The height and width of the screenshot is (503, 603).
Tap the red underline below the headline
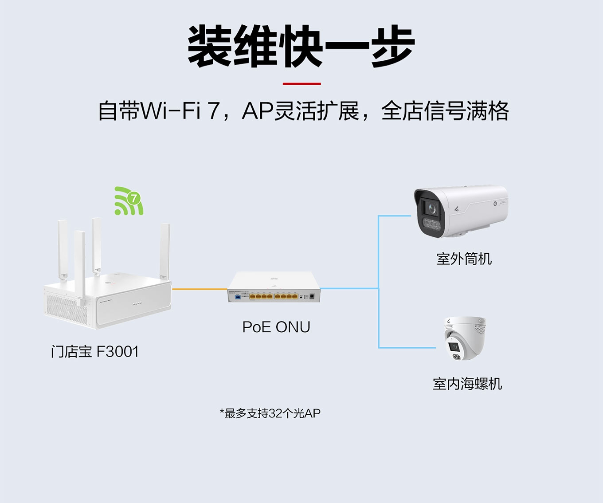coord(301,83)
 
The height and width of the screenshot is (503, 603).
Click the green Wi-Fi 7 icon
coord(129,201)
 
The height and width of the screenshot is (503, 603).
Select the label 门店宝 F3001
coord(95,352)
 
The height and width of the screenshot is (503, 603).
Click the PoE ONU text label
coord(276,327)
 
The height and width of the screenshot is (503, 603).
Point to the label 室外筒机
coord(464,259)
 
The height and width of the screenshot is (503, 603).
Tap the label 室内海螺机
coord(467,384)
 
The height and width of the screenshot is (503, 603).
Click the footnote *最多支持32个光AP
coord(270,413)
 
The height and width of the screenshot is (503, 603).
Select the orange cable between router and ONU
coord(200,289)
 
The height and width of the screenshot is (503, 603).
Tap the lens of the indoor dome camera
coord(454,346)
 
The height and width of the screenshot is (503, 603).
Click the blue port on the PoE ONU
coord(237,296)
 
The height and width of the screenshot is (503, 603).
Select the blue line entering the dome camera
coord(408,348)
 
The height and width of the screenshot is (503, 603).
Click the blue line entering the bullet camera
coord(395,216)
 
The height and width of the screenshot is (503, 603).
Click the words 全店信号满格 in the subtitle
coord(445,111)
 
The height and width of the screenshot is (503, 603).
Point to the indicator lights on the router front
coord(137,304)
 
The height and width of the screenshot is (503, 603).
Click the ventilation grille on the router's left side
coord(67,308)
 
